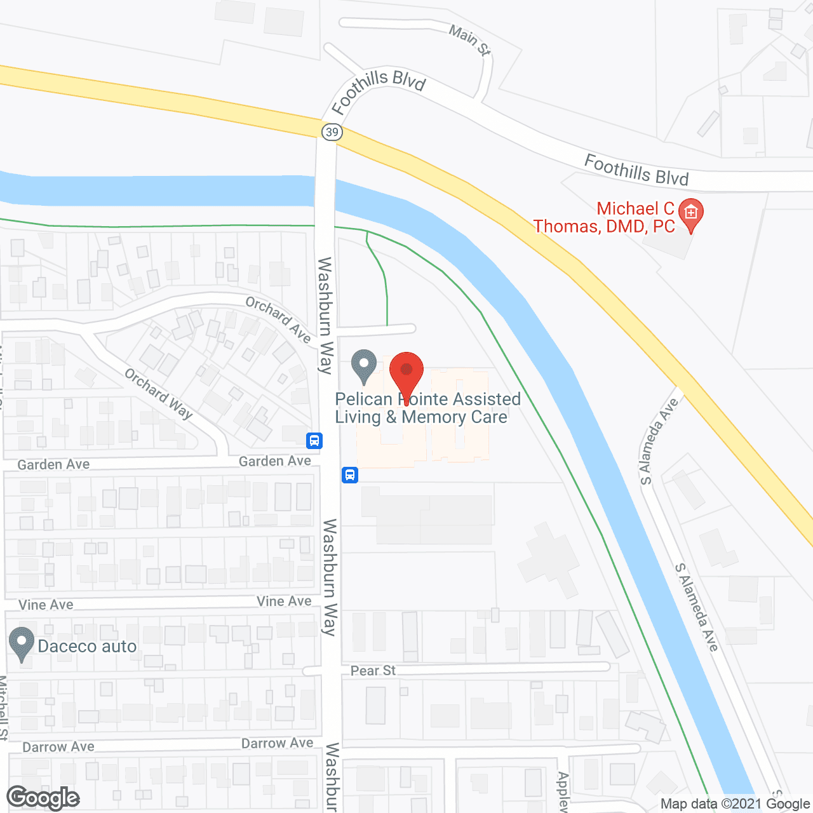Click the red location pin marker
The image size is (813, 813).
pos(406,375)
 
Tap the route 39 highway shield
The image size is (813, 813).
pos(332,132)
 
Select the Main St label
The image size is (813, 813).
pos(469,40)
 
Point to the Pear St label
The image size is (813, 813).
pos(373,671)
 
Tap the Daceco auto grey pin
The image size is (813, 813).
pos(22,643)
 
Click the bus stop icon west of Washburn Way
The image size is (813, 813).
pos(314,440)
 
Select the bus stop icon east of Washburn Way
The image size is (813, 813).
pos(350,474)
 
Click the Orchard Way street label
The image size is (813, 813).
pos(158,394)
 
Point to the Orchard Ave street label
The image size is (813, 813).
pos(278,319)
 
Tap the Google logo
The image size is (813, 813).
pos(43,798)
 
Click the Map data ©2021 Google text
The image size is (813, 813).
pos(735,804)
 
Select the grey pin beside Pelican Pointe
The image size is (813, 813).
pos(364,366)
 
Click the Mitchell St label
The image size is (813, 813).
pos(4,708)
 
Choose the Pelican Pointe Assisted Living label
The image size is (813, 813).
pos(427,408)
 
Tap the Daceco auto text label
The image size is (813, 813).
pos(88,647)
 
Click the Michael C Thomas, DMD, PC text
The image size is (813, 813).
pos(604,217)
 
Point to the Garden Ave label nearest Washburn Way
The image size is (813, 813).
pos(274,461)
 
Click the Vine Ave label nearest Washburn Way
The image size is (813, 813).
pos(284,601)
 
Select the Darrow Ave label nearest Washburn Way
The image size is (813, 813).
pos(277,743)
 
